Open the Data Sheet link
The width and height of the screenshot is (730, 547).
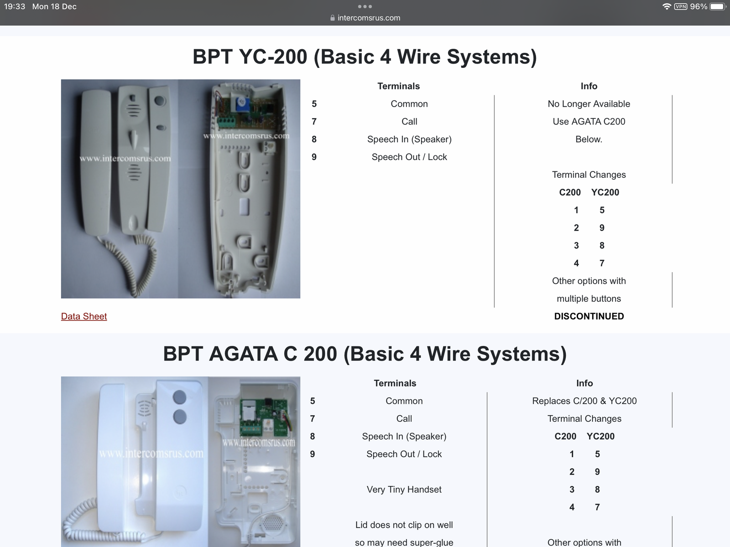(84, 316)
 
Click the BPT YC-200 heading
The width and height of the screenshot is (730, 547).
(365, 57)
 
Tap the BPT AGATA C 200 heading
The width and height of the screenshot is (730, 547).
(365, 354)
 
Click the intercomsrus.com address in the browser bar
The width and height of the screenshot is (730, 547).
(369, 18)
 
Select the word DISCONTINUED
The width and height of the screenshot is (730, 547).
(589, 316)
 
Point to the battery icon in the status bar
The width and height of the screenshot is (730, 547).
(718, 7)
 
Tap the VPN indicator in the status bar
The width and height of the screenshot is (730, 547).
(680, 7)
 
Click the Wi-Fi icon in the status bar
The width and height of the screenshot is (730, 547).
(666, 7)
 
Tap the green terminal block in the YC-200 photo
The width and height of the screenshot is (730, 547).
(226, 122)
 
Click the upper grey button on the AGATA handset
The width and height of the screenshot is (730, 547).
(180, 397)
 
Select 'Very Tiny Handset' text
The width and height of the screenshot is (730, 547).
(404, 490)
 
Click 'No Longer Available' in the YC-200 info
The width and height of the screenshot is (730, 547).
(589, 104)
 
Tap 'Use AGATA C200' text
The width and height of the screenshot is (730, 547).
(589, 122)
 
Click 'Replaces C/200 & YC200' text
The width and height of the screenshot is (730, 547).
(584, 401)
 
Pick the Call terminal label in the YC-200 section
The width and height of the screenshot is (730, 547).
(409, 122)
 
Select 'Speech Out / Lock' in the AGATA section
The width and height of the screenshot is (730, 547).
(404, 454)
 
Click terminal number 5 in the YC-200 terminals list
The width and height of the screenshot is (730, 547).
(314, 104)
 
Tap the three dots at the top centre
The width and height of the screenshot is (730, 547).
(365, 7)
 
